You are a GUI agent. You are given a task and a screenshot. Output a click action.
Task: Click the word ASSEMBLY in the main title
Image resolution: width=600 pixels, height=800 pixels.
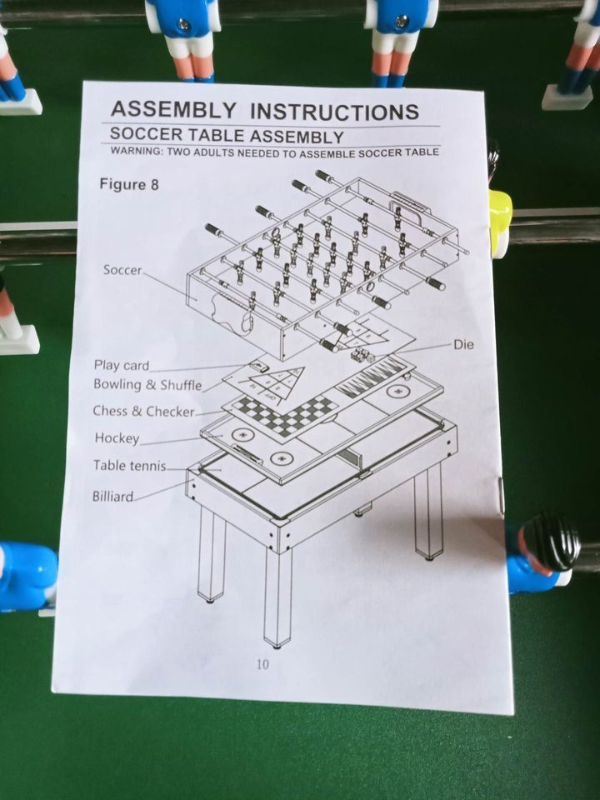click(x=173, y=109)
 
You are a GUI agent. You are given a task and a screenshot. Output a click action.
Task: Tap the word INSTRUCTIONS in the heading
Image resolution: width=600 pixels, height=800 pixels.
click(x=335, y=112)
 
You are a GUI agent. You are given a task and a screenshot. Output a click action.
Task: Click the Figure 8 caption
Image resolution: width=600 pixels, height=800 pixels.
click(x=129, y=184)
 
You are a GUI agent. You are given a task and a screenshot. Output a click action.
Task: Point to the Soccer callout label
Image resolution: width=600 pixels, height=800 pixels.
click(x=122, y=270)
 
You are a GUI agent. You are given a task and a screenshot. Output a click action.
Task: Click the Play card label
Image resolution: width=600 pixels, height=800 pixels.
click(x=122, y=365)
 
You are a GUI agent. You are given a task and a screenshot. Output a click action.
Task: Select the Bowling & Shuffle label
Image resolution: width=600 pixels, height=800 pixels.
click(x=147, y=385)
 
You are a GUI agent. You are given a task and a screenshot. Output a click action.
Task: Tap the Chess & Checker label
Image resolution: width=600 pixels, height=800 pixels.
click(x=143, y=411)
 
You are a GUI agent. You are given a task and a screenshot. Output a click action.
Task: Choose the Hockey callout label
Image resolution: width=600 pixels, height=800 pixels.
click(x=117, y=438)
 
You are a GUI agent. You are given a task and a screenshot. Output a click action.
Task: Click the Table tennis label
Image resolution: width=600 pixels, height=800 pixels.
click(x=130, y=465)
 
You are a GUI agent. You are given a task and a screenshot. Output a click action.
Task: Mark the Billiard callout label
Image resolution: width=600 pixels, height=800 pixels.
click(x=112, y=496)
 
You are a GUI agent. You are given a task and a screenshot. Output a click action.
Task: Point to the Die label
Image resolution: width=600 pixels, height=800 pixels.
click(x=464, y=344)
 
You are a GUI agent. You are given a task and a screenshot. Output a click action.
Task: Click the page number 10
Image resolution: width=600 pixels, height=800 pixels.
click(x=262, y=664)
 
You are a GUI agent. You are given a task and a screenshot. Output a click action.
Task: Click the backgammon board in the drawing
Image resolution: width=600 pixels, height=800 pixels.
click(x=370, y=377)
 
